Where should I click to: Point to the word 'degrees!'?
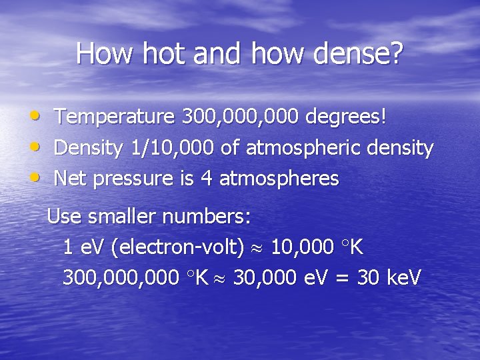[345, 118]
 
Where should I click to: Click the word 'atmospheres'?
[279, 179]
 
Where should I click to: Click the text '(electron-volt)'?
[178, 248]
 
